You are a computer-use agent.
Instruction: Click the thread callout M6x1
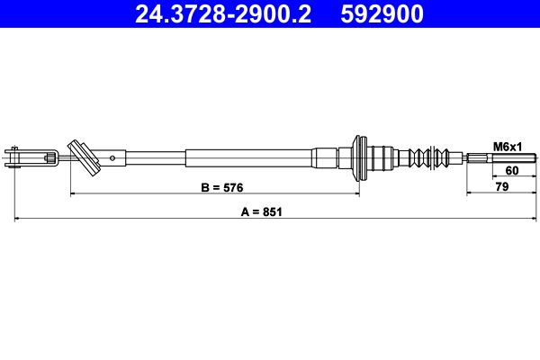(508, 147)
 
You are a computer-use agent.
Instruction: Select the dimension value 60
(511, 170)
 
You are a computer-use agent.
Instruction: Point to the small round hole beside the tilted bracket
(112, 158)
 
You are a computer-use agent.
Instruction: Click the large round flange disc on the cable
(361, 159)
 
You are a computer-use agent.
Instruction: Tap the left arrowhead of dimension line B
(72, 194)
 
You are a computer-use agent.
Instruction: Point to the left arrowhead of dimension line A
(17, 219)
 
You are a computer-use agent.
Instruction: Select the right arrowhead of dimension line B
(358, 194)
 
